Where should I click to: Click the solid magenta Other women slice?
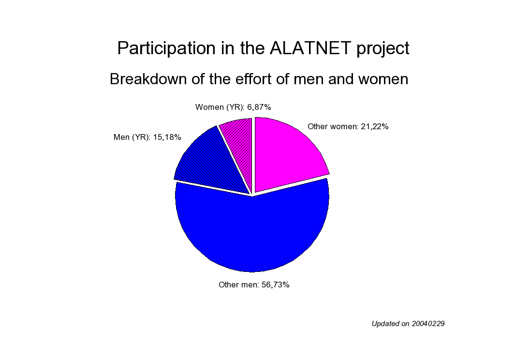[x=284, y=152]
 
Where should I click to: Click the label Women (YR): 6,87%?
[x=233, y=107]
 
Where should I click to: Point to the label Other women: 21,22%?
[x=348, y=127]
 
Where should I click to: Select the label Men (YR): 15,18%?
[x=147, y=137]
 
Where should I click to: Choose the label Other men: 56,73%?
[x=254, y=285]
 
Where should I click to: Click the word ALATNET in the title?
[x=310, y=48]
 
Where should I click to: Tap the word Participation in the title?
[x=166, y=48]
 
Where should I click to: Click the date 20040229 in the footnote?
[x=428, y=324]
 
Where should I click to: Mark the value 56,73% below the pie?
[x=276, y=285]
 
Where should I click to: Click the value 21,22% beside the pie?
[x=374, y=127]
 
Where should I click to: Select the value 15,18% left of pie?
[x=167, y=137]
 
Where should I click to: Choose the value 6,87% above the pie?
[x=259, y=107]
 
